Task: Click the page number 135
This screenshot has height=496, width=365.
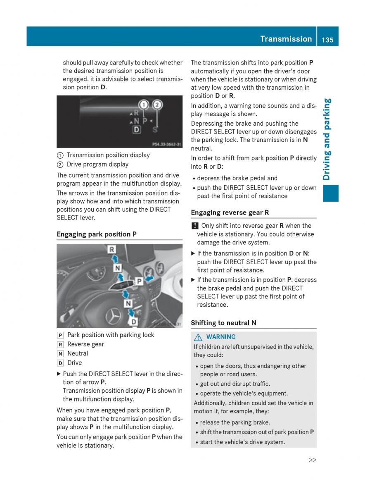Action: click(x=328, y=39)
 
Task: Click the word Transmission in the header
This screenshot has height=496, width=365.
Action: click(x=286, y=39)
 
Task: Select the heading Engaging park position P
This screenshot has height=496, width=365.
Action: click(x=97, y=234)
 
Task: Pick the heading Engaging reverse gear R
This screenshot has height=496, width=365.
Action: click(x=230, y=212)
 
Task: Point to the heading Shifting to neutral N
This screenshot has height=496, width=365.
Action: click(x=223, y=322)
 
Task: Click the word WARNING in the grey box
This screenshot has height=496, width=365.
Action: click(x=221, y=337)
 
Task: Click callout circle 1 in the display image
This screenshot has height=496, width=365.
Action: click(x=143, y=105)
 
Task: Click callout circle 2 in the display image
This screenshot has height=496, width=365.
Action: click(x=157, y=105)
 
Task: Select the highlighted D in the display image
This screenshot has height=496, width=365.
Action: click(x=137, y=130)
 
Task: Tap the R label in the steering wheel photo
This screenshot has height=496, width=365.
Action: click(x=112, y=249)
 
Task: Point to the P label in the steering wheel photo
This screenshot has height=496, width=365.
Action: click(x=140, y=281)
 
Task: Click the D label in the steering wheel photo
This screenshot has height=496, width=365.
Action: click(x=134, y=321)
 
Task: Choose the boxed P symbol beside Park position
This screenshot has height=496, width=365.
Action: click(x=60, y=335)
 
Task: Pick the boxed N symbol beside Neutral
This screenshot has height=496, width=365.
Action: click(x=60, y=353)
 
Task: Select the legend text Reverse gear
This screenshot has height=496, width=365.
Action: click(x=85, y=344)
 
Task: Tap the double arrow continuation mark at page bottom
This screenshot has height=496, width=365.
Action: click(x=312, y=460)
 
